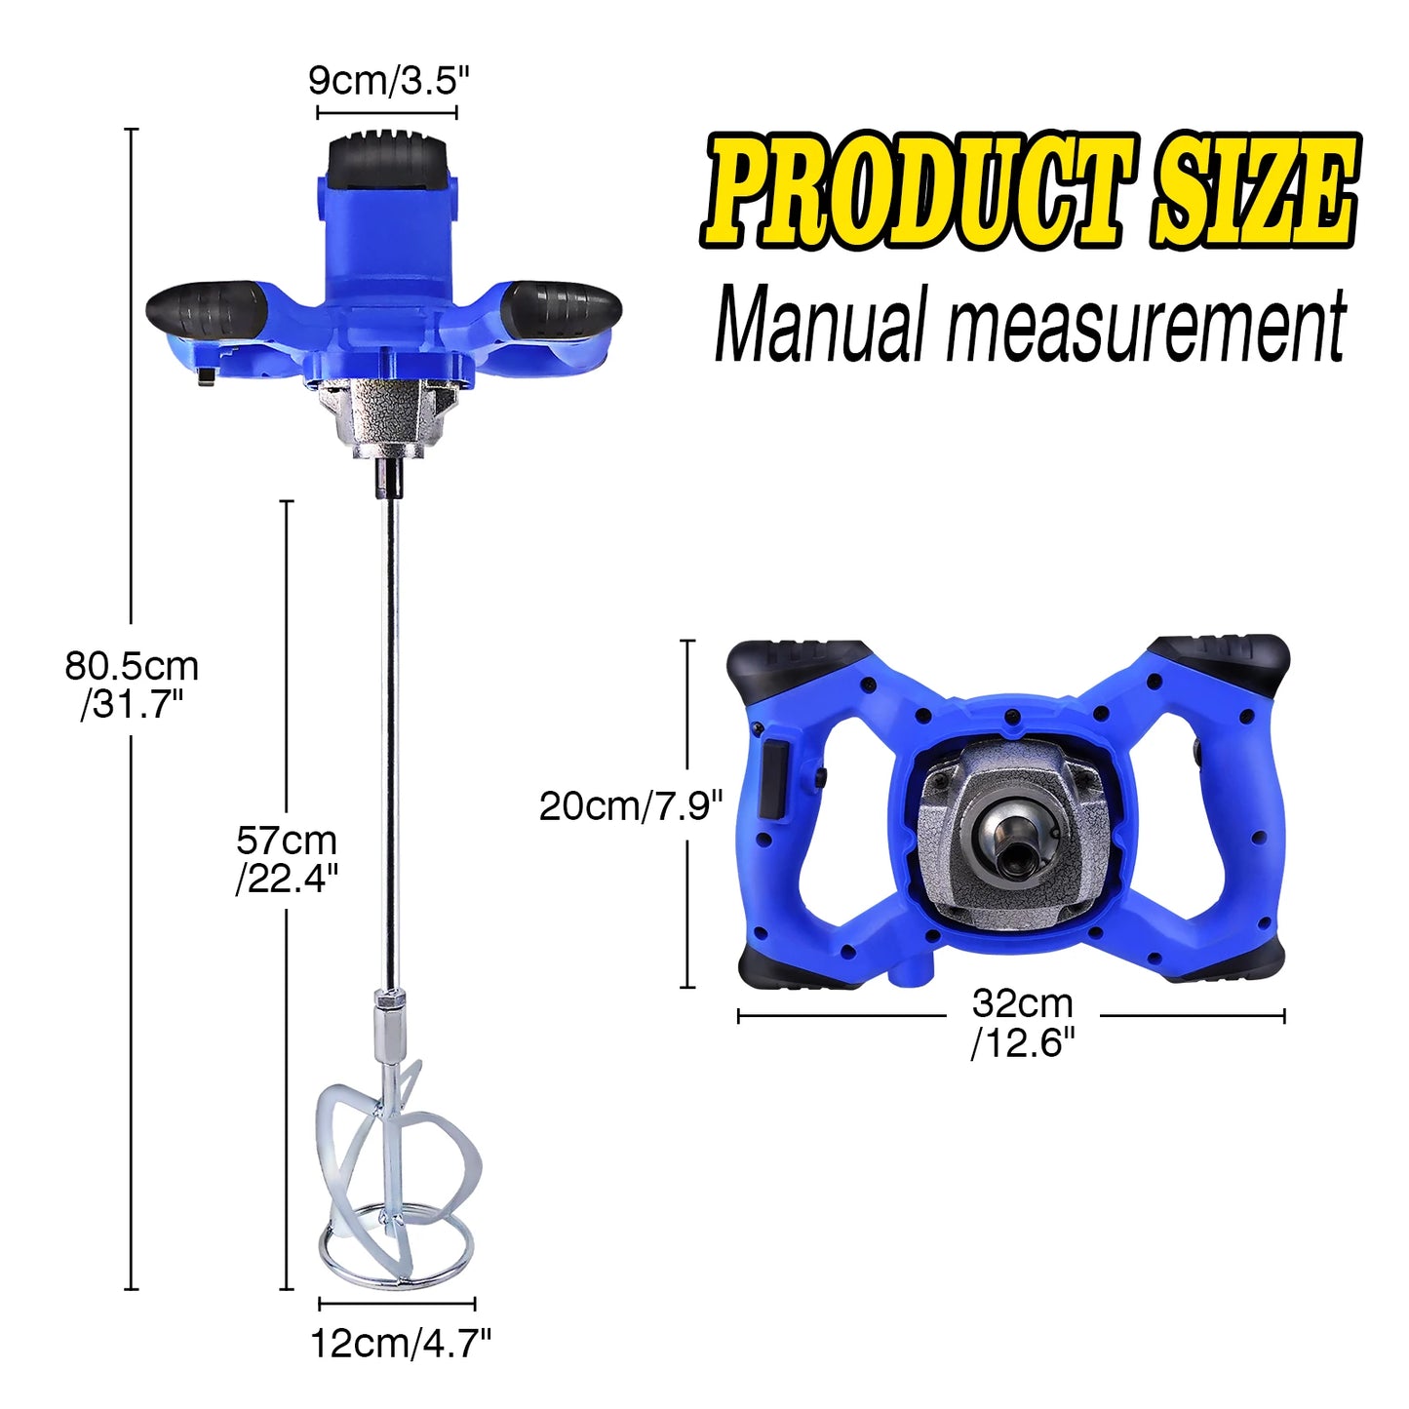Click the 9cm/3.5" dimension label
[388, 80]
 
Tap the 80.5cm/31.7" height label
[132, 685]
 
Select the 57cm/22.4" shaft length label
[287, 859]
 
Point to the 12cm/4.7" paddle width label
[400, 1345]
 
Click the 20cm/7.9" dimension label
[631, 806]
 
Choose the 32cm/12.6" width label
[1022, 1023]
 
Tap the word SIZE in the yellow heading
[1254, 191]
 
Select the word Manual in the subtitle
[819, 326]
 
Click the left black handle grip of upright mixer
[207, 307]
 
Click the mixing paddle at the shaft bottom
[395, 1170]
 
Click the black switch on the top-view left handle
[775, 780]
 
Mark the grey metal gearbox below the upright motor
[388, 419]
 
